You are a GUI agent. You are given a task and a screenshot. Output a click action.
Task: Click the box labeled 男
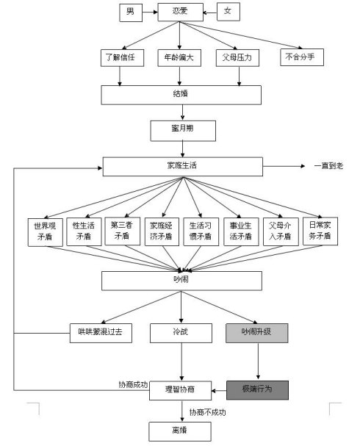(x=131, y=12)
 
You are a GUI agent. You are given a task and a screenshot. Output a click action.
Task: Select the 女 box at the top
(x=228, y=12)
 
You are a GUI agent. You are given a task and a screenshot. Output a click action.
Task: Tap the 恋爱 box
(x=180, y=12)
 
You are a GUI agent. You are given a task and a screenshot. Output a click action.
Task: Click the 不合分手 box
(x=302, y=57)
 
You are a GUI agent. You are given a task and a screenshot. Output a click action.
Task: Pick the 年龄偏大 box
(x=179, y=58)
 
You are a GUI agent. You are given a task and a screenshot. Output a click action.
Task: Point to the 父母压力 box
(x=237, y=58)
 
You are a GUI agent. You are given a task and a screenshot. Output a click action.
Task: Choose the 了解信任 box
(x=122, y=58)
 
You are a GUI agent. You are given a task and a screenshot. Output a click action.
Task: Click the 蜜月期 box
(x=183, y=131)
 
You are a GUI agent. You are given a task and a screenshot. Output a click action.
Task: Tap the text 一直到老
(x=328, y=166)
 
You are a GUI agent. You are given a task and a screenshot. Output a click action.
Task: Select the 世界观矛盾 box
(x=46, y=232)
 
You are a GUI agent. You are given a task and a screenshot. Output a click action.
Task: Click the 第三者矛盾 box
(x=122, y=231)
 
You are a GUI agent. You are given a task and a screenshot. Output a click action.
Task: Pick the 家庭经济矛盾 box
(x=162, y=231)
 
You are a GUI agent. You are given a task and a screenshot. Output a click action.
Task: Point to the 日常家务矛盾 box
(x=320, y=231)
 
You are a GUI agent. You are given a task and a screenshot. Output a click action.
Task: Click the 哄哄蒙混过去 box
(x=101, y=333)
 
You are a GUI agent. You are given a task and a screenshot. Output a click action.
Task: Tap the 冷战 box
(x=181, y=333)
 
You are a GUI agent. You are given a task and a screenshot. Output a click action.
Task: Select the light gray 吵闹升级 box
(x=257, y=333)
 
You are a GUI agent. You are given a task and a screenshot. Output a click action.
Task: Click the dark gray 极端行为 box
(x=257, y=390)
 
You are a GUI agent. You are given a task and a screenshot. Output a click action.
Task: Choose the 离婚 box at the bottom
(x=180, y=431)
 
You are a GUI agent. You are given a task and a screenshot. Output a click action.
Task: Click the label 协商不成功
(x=208, y=412)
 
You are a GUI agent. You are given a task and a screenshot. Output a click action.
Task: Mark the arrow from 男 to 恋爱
(x=150, y=12)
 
